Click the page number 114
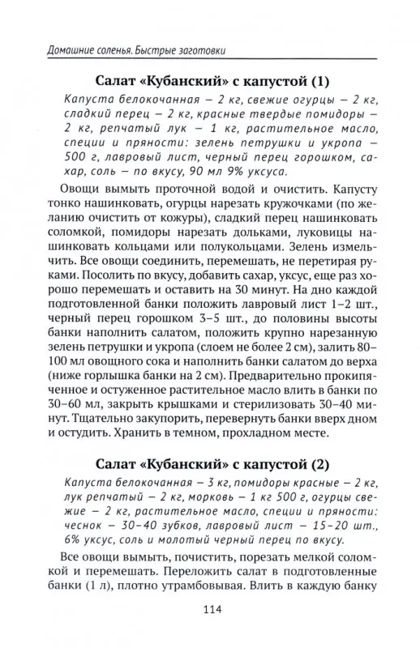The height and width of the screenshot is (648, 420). [x=210, y=610]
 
